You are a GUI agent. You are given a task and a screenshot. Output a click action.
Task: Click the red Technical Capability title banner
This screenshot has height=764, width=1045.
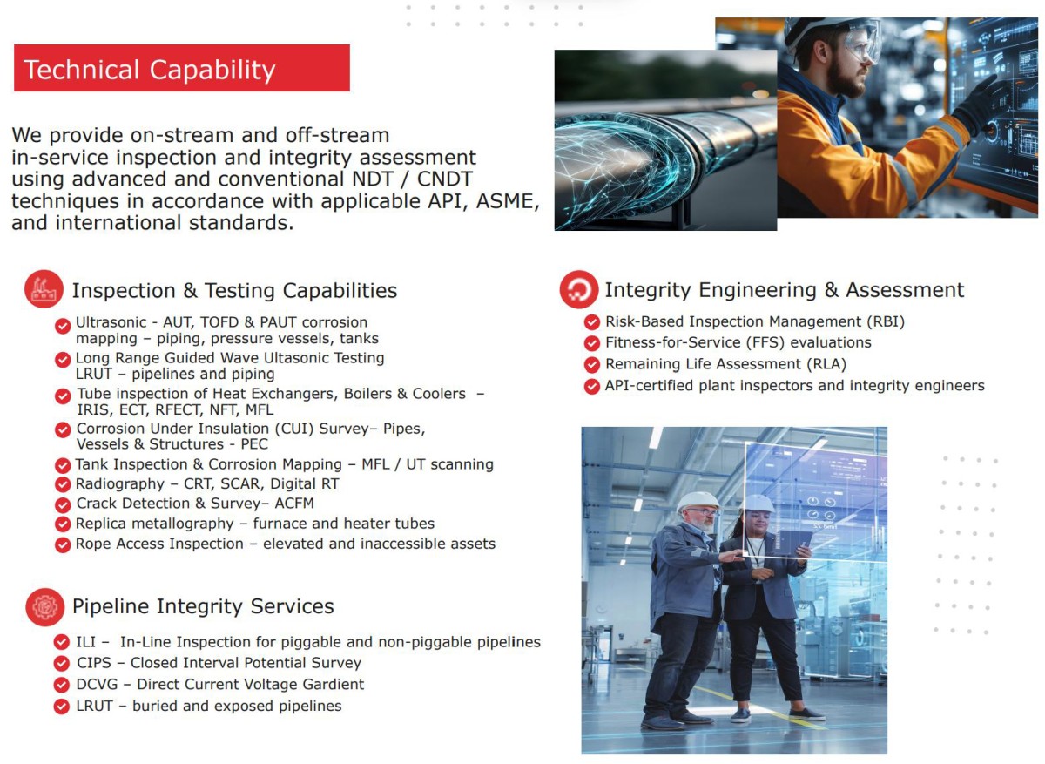[182, 68]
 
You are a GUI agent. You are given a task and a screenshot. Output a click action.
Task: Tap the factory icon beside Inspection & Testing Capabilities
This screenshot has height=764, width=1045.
[44, 289]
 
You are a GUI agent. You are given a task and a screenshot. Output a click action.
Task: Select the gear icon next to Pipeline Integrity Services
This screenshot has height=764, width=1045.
[44, 606]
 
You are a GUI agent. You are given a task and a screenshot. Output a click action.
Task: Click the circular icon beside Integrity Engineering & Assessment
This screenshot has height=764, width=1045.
[579, 289]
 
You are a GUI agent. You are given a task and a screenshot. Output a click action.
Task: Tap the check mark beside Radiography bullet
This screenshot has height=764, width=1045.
[63, 485]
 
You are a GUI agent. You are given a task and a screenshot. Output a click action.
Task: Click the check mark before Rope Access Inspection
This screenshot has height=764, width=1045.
[63, 544]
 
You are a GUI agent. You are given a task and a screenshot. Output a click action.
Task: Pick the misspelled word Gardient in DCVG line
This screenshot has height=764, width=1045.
[333, 684]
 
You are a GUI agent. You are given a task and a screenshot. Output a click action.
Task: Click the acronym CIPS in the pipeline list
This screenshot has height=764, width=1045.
[94, 663]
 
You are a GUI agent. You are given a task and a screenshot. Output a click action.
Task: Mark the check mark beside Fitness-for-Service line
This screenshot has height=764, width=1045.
[592, 343]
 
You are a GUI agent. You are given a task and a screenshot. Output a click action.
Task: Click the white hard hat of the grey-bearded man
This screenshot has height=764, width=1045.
[698, 502]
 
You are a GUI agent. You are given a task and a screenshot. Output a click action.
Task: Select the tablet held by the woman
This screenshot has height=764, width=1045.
[792, 544]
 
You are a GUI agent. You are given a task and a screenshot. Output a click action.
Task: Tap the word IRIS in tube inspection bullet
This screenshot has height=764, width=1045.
[94, 409]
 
